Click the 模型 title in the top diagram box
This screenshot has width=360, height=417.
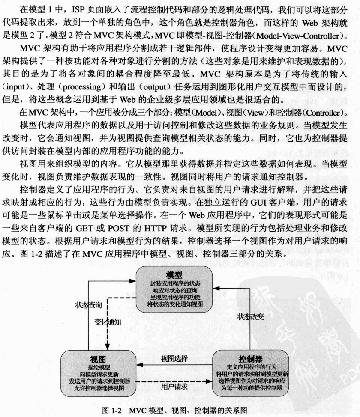pos(174,275)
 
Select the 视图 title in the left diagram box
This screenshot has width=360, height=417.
pos(98,360)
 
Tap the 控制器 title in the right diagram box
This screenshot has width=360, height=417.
pos(251,359)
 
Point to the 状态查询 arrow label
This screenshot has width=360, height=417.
pos(89,305)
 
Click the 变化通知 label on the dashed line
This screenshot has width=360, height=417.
pos(108,322)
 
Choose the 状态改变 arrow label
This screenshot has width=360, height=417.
pos(251,316)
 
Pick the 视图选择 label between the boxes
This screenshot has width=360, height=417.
pos(174,358)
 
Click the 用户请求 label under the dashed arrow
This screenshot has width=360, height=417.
pos(174,387)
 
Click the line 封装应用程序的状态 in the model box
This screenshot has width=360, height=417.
pos(175,283)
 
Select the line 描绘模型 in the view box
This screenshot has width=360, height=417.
pos(99,367)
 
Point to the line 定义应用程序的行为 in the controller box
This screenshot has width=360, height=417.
pos(252,367)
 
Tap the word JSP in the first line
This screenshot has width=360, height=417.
pos(78,10)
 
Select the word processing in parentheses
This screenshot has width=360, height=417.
pos(82,87)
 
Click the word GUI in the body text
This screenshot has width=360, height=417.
pos(258,203)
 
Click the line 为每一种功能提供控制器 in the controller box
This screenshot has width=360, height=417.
pos(252,388)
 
